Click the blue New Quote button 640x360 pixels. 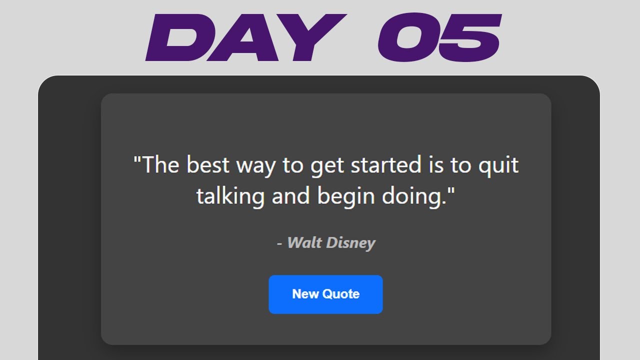coord(325,294)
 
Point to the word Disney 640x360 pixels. coord(350,243)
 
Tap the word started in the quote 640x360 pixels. coord(385,165)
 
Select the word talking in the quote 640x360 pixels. coord(230,196)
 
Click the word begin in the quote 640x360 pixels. coord(346,196)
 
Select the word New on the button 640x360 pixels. coord(303,294)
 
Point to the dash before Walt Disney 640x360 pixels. coord(279,244)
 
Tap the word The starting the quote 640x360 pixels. coord(160,165)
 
